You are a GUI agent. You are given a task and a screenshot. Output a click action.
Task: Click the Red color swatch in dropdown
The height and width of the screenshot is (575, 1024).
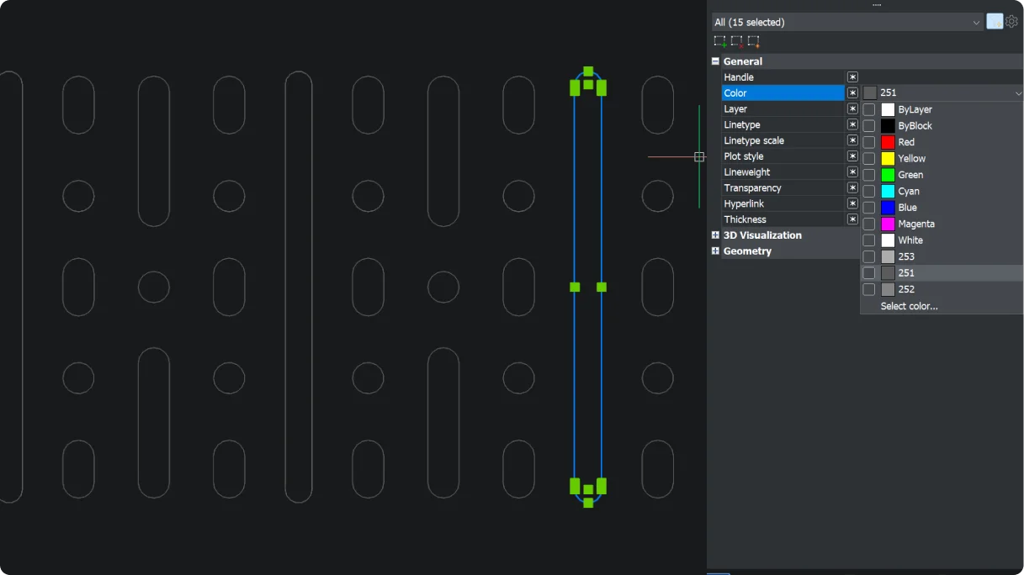click(888, 142)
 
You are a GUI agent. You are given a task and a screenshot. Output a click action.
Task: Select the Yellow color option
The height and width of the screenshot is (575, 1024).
click(911, 159)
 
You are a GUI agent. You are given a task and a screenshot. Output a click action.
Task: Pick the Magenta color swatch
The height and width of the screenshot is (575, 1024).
click(888, 224)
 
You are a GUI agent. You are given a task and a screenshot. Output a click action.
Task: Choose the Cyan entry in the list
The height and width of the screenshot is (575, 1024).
click(908, 192)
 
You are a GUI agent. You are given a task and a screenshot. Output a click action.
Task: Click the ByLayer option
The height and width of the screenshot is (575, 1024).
click(915, 110)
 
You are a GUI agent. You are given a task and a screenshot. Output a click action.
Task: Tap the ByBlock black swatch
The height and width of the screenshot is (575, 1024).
click(888, 126)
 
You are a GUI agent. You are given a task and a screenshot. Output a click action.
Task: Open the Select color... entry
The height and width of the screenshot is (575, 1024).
click(909, 306)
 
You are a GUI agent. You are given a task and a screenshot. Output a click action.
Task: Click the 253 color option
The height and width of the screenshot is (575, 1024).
click(906, 257)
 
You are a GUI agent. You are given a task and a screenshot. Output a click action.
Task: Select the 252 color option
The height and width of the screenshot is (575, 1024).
click(906, 290)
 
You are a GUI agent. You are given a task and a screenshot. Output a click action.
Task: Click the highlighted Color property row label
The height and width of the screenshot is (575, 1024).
click(735, 93)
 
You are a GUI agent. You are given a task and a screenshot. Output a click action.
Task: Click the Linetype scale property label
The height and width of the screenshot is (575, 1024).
click(753, 140)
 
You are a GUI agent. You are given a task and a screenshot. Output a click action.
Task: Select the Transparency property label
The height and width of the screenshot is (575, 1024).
click(752, 188)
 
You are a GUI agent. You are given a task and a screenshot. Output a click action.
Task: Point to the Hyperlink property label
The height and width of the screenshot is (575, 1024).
click(745, 204)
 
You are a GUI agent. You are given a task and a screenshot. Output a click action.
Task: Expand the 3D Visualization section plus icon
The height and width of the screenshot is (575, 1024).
click(715, 235)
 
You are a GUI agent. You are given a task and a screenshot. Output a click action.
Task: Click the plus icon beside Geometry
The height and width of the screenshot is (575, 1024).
click(715, 251)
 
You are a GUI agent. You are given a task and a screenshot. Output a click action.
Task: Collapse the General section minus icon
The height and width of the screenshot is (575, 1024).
click(715, 61)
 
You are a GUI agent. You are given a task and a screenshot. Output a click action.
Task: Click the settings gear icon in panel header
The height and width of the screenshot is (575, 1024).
click(1012, 22)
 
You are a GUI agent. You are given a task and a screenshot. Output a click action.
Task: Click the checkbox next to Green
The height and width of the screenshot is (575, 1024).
click(869, 175)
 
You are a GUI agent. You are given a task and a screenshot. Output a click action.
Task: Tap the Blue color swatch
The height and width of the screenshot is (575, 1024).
click(888, 208)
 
